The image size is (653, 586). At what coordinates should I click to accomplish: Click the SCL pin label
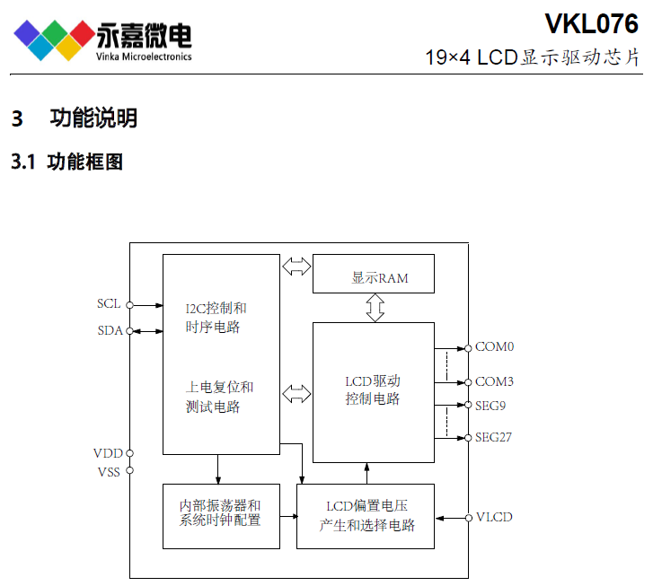109,304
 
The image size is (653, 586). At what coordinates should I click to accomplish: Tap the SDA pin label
110,330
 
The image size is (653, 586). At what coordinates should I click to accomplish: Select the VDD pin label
108,453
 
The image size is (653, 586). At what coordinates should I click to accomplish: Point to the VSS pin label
109,472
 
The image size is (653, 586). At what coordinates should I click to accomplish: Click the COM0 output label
494,346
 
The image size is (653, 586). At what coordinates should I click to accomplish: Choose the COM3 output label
494,381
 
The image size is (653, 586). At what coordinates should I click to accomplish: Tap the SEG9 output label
490,406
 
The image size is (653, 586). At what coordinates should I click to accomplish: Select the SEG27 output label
493,437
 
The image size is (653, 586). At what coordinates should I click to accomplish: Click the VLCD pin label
494,517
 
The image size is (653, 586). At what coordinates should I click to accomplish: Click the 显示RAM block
374,274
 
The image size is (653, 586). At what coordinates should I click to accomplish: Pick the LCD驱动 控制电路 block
374,392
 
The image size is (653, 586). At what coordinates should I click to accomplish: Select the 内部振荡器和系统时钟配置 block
221,517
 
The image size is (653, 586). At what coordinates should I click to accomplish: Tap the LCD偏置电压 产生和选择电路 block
366,517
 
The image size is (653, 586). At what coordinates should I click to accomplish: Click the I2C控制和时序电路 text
216,318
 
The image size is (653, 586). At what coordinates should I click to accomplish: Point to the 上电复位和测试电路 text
219,397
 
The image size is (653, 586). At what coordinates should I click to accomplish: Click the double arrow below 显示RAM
375,308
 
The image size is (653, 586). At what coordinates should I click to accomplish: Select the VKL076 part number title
591,23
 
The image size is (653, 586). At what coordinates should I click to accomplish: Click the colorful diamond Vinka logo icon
54,40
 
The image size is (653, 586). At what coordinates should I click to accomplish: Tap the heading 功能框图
85,162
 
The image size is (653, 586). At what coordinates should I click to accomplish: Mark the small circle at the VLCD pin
469,518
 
